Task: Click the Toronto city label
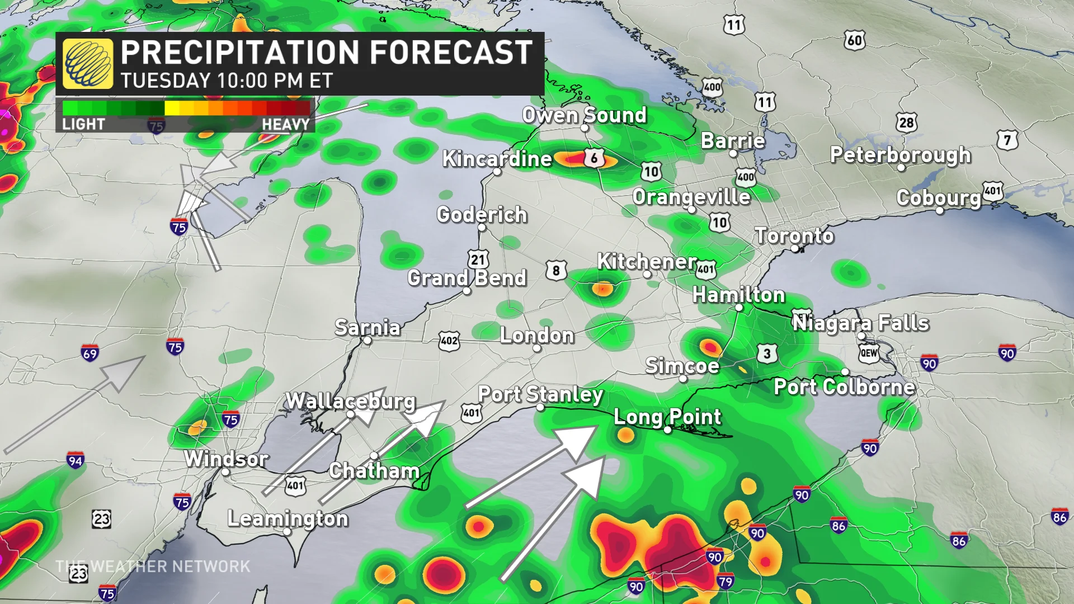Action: pyautogui.click(x=794, y=235)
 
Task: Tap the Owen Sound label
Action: pyautogui.click(x=584, y=115)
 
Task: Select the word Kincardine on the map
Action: pyautogui.click(x=497, y=159)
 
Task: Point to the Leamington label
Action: pyautogui.click(x=288, y=518)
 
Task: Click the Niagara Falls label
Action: pyautogui.click(x=860, y=323)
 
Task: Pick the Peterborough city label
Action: pyautogui.click(x=900, y=155)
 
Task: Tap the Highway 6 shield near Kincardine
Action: pyautogui.click(x=595, y=158)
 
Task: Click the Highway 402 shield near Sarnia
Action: pyautogui.click(x=449, y=341)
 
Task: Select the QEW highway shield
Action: pyautogui.click(x=869, y=353)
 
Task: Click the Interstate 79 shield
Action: pyautogui.click(x=725, y=581)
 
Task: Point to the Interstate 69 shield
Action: pyautogui.click(x=90, y=353)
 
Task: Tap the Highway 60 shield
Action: pyautogui.click(x=854, y=40)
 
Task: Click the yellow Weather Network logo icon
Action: pyautogui.click(x=88, y=64)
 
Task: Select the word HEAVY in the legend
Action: pyautogui.click(x=285, y=124)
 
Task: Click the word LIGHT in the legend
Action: pyautogui.click(x=83, y=124)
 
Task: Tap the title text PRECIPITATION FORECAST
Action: pyautogui.click(x=326, y=53)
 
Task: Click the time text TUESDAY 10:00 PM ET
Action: pyautogui.click(x=227, y=81)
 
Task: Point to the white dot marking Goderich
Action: pyautogui.click(x=482, y=228)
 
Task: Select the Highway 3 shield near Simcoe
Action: pyautogui.click(x=767, y=353)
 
